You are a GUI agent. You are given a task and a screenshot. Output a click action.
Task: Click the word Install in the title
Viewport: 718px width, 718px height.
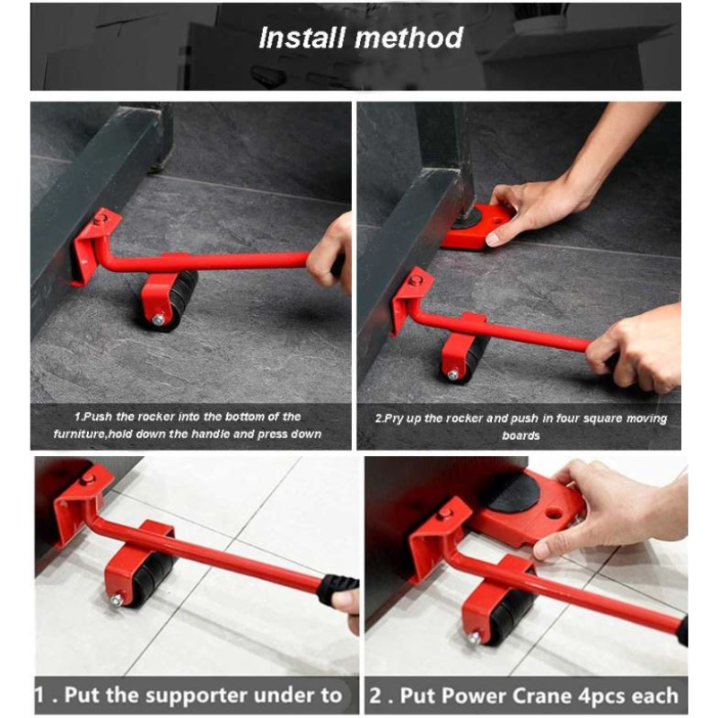click(x=302, y=38)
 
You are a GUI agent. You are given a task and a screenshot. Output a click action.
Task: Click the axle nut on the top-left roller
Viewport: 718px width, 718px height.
click(x=158, y=319)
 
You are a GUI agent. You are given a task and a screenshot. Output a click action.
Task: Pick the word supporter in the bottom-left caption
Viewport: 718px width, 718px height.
click(x=206, y=694)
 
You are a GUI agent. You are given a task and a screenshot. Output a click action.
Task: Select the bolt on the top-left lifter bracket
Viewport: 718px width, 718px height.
click(x=101, y=219)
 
